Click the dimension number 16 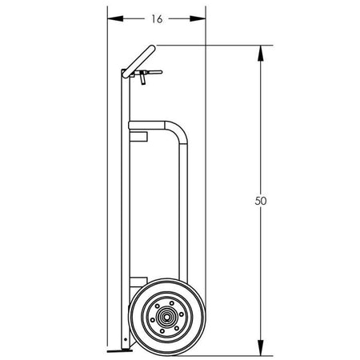(157, 19)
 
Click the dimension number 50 (261, 201)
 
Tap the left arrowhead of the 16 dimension (115, 18)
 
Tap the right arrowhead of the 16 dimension (198, 18)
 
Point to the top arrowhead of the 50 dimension (261, 54)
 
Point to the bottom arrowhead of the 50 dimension (261, 347)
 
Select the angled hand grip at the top (138, 62)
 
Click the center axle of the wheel (167, 317)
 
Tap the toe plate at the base (119, 351)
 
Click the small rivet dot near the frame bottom (126, 339)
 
